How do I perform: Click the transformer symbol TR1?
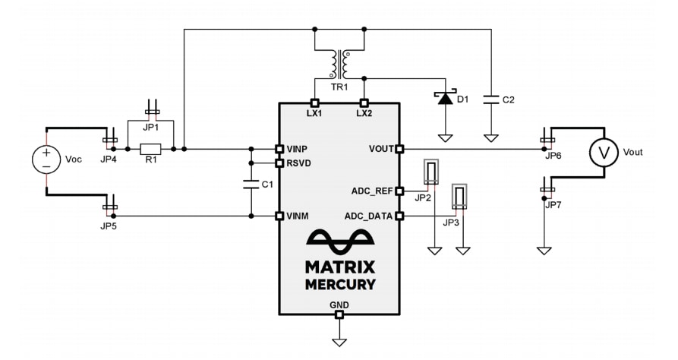[339, 65]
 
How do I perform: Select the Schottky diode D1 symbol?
[445, 97]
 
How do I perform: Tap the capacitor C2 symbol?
[491, 99]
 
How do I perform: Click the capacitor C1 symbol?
[251, 184]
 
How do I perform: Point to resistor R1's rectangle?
[151, 149]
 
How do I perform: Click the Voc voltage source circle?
[46, 160]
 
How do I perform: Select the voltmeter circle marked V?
[604, 153]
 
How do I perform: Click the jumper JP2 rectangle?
[432, 172]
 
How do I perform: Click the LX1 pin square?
[314, 103]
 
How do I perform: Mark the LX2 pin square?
[364, 103]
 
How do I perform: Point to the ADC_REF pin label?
[373, 191]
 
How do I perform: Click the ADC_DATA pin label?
[371, 216]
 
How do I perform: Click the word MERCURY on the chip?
[340, 284]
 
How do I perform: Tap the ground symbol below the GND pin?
[339, 339]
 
